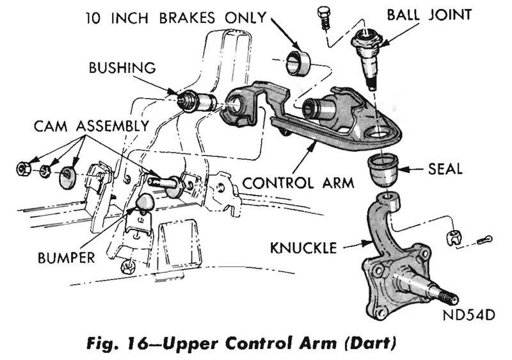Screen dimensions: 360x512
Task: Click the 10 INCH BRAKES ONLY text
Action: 175,17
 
